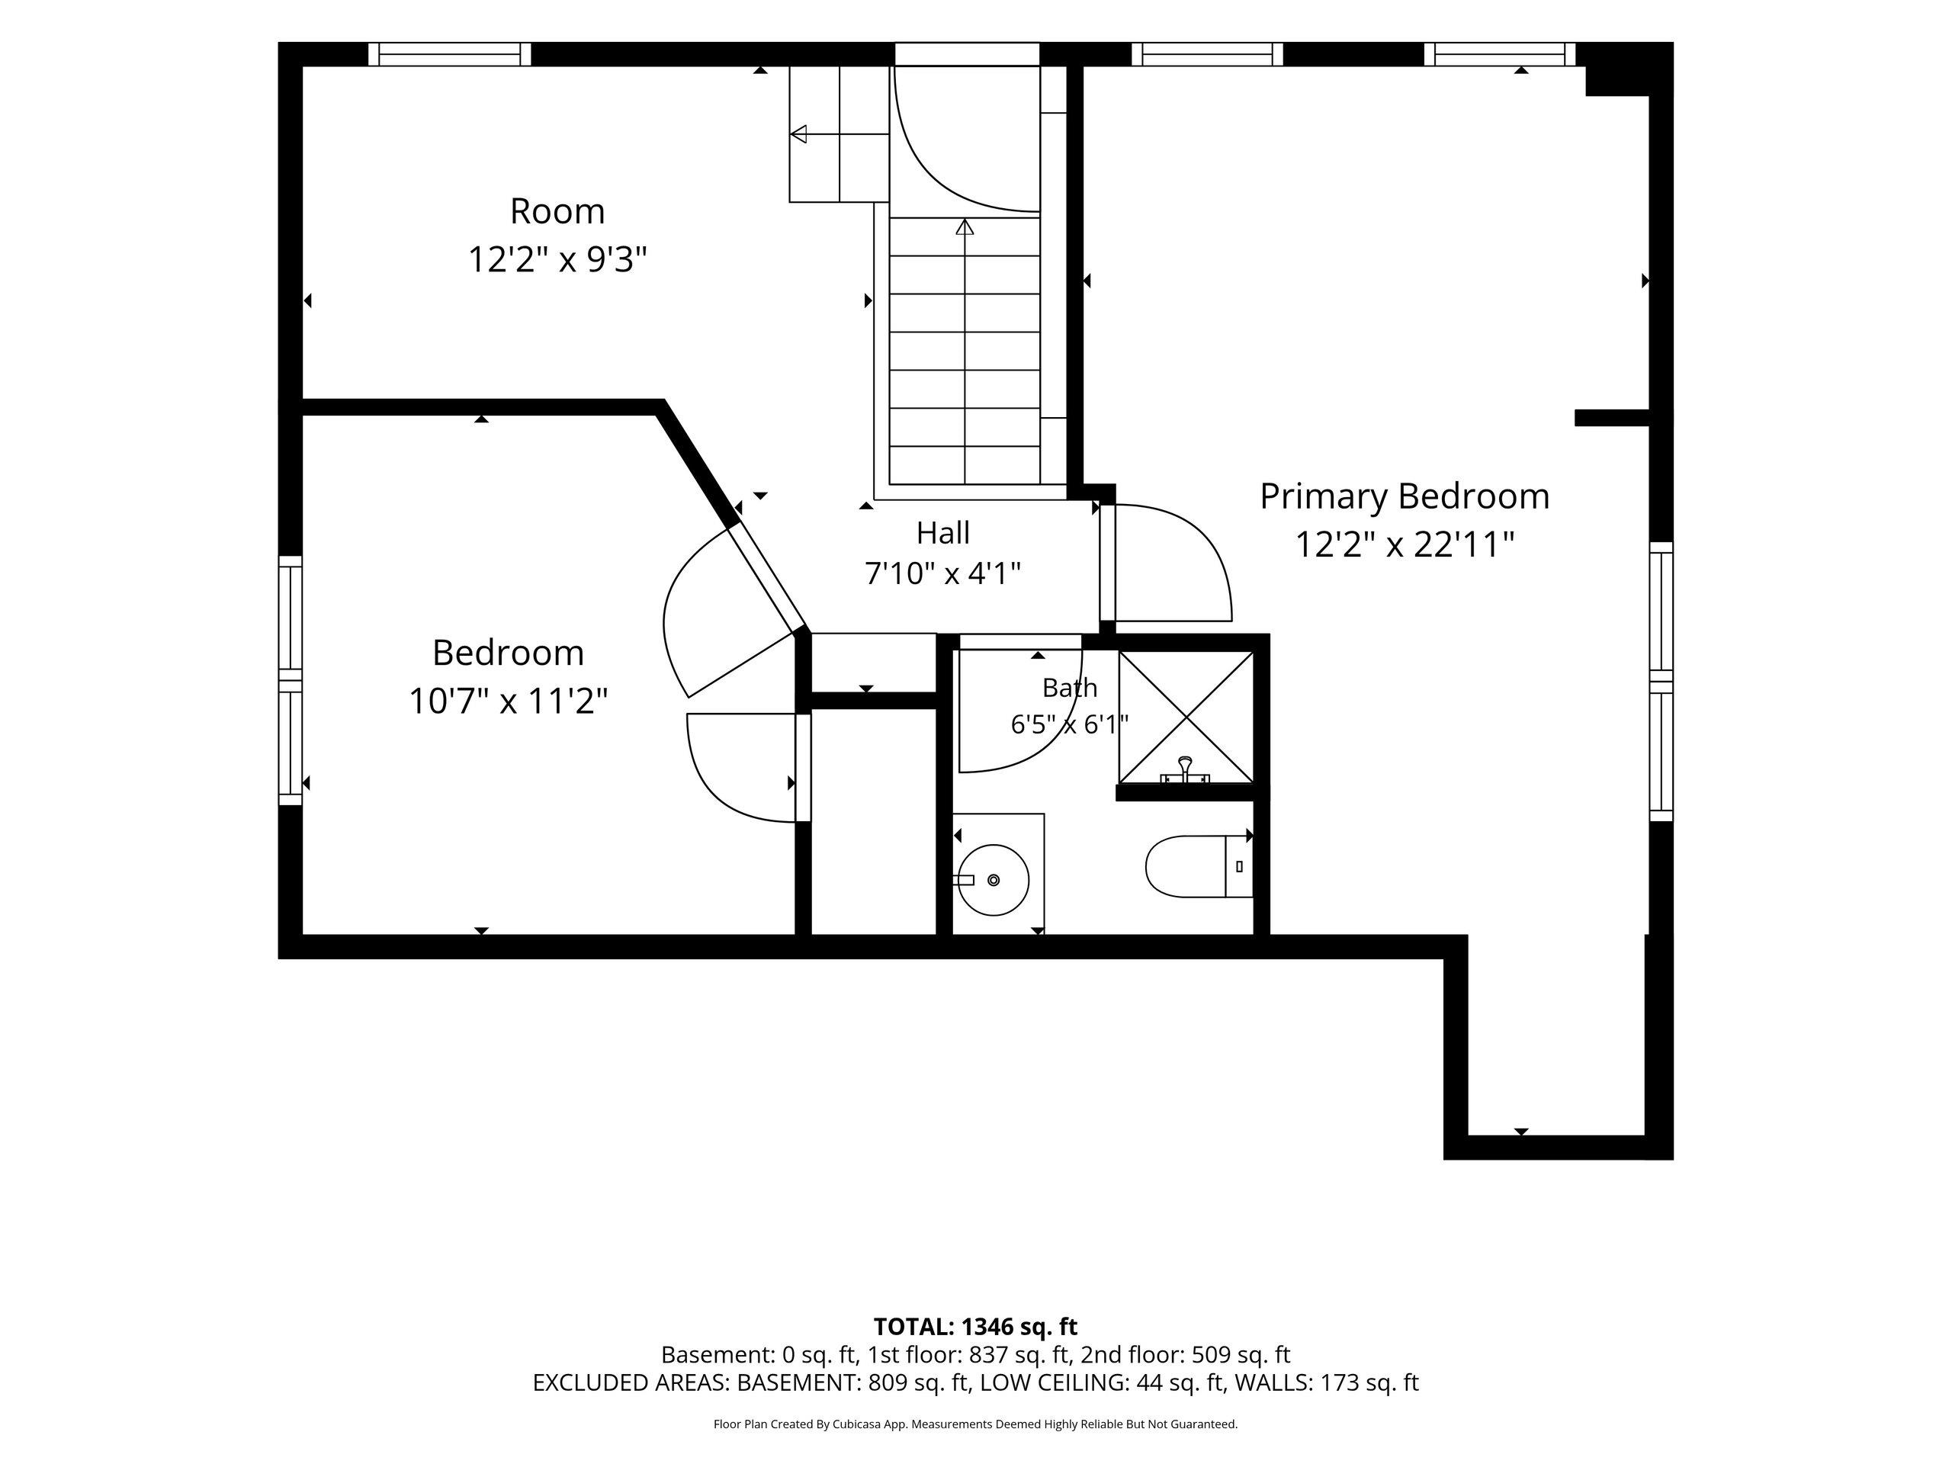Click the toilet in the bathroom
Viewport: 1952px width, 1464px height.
1199,865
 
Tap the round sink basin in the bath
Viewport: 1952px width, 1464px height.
994,880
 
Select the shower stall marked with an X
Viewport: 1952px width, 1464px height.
1186,718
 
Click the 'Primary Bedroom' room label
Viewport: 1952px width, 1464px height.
1404,497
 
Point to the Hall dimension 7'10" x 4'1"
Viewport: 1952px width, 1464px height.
942,573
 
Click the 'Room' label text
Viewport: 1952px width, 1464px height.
557,211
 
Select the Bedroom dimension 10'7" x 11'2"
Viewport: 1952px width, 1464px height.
509,701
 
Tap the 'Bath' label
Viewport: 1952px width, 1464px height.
1070,688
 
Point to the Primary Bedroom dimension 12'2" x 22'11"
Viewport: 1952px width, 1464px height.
1404,544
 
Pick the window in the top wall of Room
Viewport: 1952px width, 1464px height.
449,54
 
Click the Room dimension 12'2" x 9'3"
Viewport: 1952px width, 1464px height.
557,260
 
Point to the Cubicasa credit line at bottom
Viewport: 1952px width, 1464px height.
975,1424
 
